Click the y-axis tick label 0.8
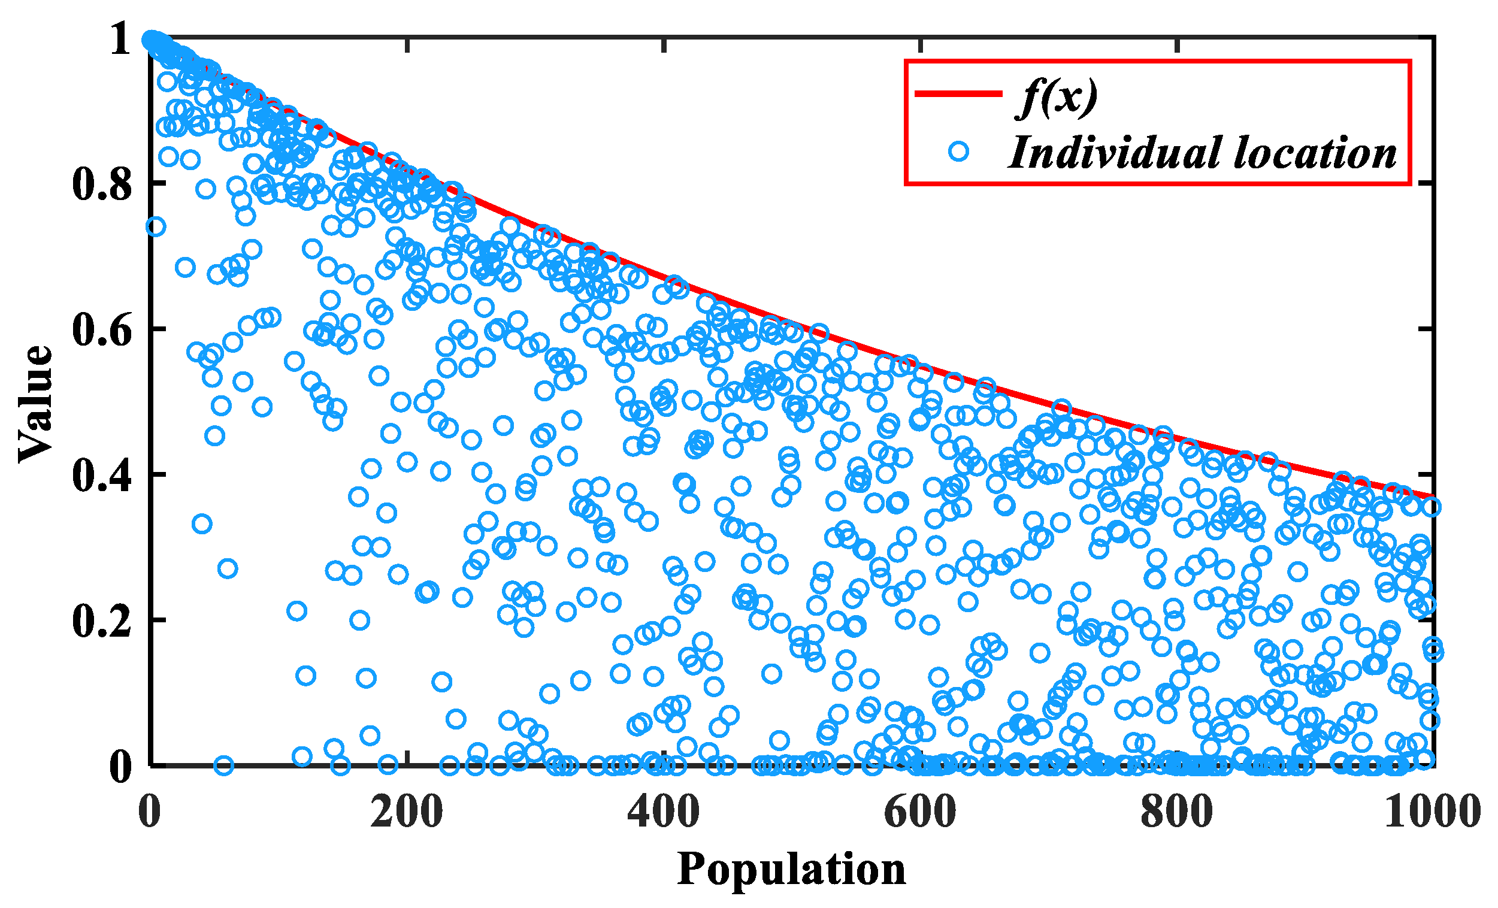(102, 184)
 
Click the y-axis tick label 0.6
(102, 331)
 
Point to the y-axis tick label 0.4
(102, 476)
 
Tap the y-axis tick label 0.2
(102, 622)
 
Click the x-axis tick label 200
(407, 812)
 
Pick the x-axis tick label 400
(664, 812)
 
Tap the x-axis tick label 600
(921, 812)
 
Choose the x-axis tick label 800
(1178, 812)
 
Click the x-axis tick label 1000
(1432, 812)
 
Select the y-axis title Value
(35, 404)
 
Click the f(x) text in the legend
(1058, 97)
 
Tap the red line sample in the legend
(958, 93)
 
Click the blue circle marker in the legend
(959, 152)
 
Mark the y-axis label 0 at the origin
(120, 767)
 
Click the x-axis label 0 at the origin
(150, 812)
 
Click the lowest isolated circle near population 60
(224, 765)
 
